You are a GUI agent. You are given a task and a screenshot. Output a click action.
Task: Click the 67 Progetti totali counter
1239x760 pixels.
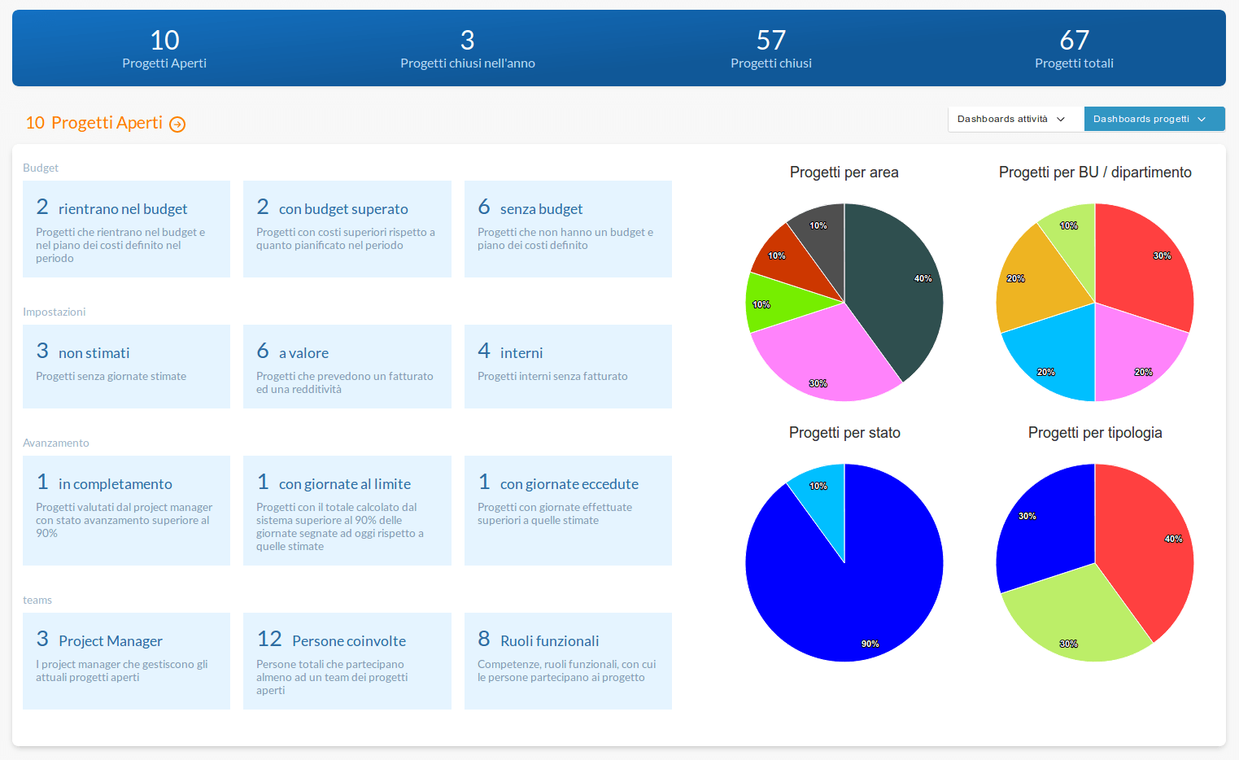click(1074, 49)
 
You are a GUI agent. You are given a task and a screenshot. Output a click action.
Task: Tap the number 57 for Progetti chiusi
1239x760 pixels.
click(770, 40)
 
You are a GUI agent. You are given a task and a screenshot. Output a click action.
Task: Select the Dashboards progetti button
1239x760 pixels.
click(1154, 119)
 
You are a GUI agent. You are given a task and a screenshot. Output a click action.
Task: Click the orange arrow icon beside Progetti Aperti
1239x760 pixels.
click(177, 124)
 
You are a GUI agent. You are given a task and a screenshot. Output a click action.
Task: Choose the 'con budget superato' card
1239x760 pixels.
click(347, 229)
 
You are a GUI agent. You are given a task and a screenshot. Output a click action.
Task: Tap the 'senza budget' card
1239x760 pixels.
click(568, 229)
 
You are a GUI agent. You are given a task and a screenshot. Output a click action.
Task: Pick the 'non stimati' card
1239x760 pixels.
click(126, 366)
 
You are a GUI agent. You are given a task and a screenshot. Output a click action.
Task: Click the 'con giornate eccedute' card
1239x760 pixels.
click(568, 510)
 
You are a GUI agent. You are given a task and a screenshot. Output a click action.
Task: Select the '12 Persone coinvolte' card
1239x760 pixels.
click(347, 661)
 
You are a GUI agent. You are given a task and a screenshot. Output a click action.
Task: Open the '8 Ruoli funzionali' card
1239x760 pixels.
click(568, 661)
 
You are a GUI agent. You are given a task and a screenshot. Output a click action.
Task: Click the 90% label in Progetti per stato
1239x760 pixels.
click(870, 644)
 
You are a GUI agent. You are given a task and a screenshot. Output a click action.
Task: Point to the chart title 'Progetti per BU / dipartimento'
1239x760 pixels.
click(1094, 173)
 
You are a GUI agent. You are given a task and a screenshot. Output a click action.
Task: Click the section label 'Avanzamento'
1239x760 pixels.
click(56, 443)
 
